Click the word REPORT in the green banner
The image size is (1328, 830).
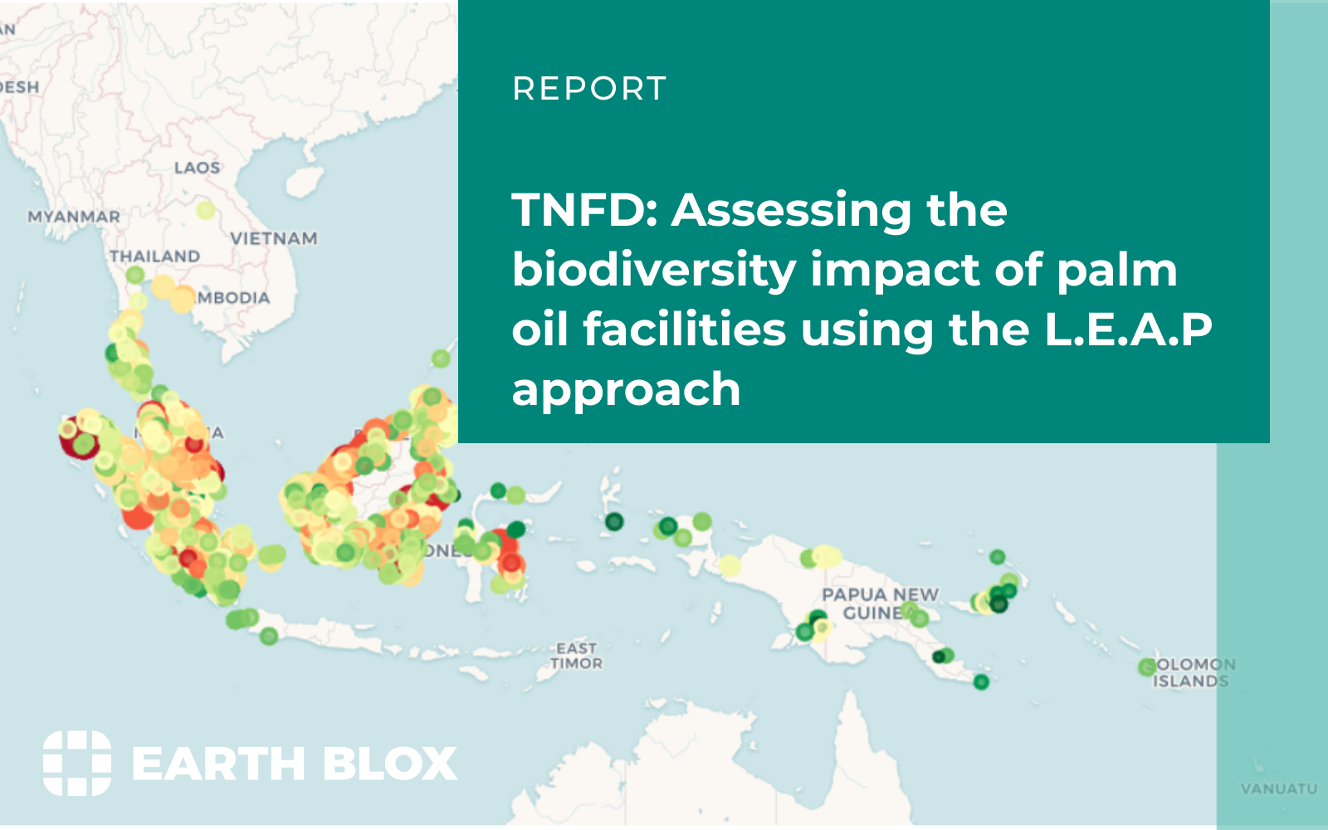[x=589, y=89]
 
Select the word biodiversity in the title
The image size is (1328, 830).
[x=654, y=271]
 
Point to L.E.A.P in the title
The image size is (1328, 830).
[x=1128, y=330]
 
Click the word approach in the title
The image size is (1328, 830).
[x=626, y=389]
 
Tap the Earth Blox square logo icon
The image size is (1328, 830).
[x=77, y=763]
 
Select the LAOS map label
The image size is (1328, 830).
[x=197, y=168]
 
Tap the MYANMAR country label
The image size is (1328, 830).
[x=74, y=217]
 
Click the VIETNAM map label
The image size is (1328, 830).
[x=274, y=239]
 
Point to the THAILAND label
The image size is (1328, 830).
[x=155, y=256]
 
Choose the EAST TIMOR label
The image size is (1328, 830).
[x=577, y=656]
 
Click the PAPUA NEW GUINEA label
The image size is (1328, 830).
[x=879, y=604]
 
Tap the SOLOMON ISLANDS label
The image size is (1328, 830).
[x=1194, y=673]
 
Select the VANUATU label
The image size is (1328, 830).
[x=1278, y=788]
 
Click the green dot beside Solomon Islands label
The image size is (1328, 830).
[x=1147, y=666]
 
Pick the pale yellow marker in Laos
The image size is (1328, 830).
[x=206, y=210]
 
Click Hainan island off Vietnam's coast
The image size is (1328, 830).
[x=302, y=182]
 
